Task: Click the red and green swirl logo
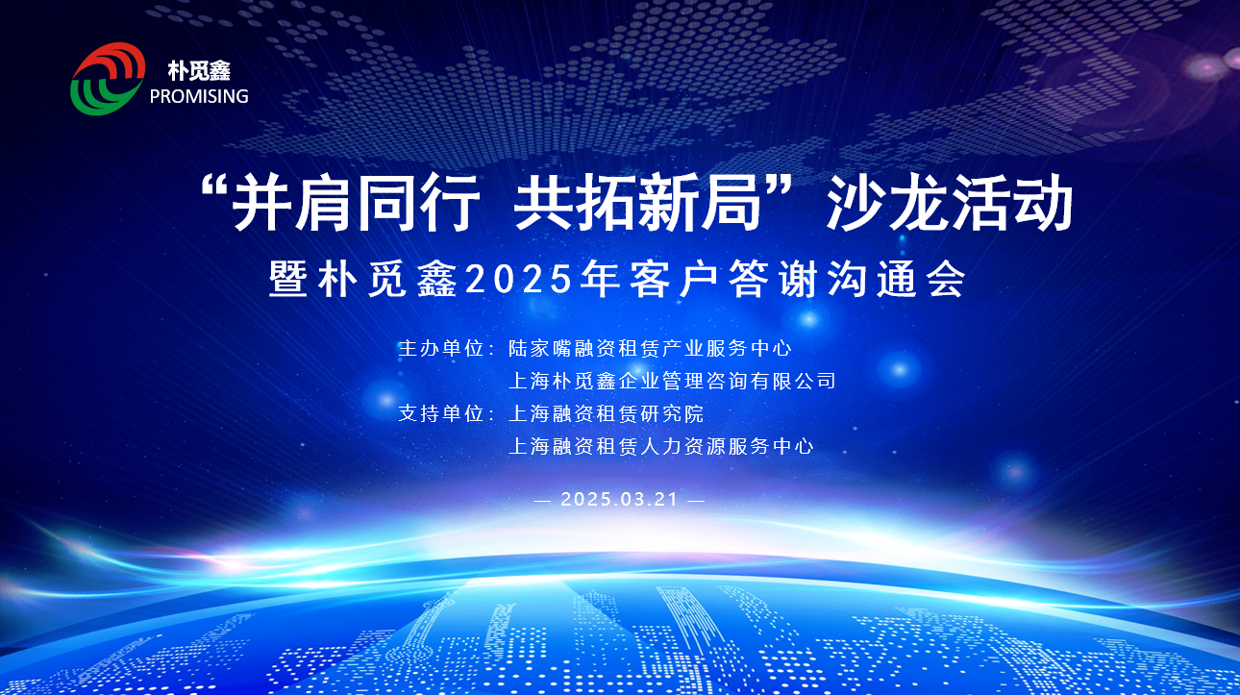108,79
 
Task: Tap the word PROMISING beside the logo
199,96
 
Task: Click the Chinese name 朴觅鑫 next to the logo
199,71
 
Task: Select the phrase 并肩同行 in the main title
355,202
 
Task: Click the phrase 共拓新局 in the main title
636,202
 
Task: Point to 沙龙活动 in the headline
950,202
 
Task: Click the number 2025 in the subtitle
519,279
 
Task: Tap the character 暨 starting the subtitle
287,279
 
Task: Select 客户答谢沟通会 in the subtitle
797,279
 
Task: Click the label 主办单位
441,348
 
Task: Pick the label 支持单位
441,413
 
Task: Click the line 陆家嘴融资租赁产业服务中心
650,348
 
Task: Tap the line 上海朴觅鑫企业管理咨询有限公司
672,381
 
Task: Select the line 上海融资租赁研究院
607,413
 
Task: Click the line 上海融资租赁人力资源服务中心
661,446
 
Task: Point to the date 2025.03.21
619,500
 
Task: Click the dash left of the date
542,501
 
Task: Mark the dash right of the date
696,501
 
